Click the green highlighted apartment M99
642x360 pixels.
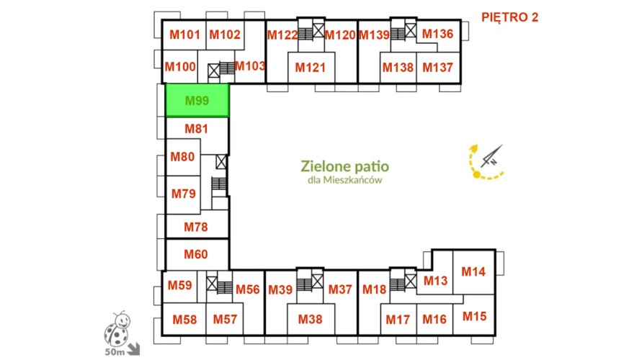coord(197,100)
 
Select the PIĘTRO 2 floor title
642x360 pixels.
coord(509,17)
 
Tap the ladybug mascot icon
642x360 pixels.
coord(117,328)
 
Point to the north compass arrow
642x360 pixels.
coord(491,156)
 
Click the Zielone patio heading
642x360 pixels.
coord(344,166)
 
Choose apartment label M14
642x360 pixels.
coord(473,271)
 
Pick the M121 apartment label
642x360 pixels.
coord(311,68)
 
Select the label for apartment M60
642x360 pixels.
coord(196,254)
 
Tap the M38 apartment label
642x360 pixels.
coord(310,320)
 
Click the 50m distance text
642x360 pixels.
coord(115,352)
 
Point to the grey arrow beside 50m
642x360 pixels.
coord(133,349)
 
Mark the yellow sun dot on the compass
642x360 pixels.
coord(476,175)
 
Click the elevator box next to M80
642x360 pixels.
coord(221,161)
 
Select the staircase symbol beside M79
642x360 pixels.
coord(219,184)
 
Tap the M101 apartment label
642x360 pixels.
coord(184,35)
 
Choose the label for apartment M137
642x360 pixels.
coord(437,68)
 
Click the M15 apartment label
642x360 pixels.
coord(475,316)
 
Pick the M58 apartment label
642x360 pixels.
coord(184,320)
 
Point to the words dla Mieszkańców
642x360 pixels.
coord(344,180)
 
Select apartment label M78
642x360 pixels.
coord(196,227)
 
